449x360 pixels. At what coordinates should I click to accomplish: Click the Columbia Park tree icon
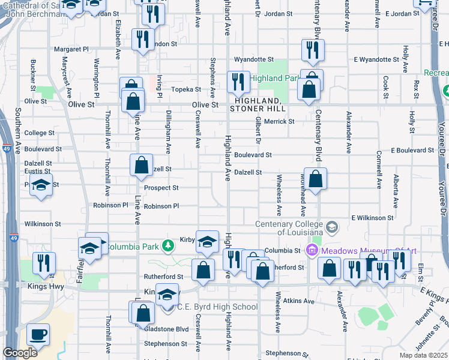point(169,245)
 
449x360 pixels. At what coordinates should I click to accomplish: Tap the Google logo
point(20,353)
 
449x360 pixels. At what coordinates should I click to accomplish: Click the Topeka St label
point(187,89)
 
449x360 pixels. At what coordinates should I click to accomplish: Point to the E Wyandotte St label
point(376,59)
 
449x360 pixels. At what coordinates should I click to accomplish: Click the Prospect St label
point(161,188)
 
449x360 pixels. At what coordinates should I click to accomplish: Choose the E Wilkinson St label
point(372,218)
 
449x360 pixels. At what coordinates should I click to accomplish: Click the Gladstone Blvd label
point(173,329)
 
